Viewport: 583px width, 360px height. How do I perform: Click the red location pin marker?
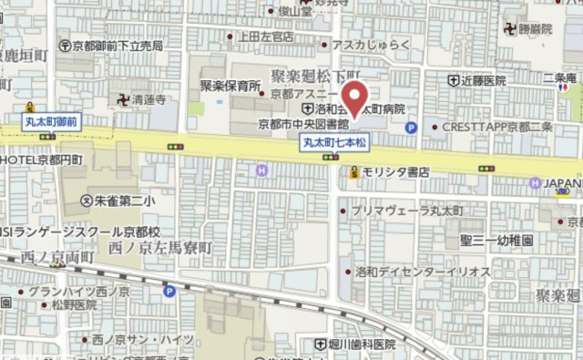pyautogui.click(x=354, y=98)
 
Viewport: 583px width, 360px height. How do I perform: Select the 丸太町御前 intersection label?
pyautogui.click(x=52, y=119)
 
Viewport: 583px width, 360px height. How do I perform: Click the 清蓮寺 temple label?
pyautogui.click(x=147, y=101)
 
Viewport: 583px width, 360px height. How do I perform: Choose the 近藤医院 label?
pyautogui.click(x=483, y=81)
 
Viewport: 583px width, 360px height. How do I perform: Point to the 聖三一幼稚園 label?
pyautogui.click(x=496, y=239)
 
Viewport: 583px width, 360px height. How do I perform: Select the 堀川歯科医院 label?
pyautogui.click(x=362, y=345)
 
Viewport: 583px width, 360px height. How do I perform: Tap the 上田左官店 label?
pyautogui.click(x=264, y=37)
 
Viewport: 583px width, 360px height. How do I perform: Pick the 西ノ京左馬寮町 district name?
pyautogui.click(x=160, y=247)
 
